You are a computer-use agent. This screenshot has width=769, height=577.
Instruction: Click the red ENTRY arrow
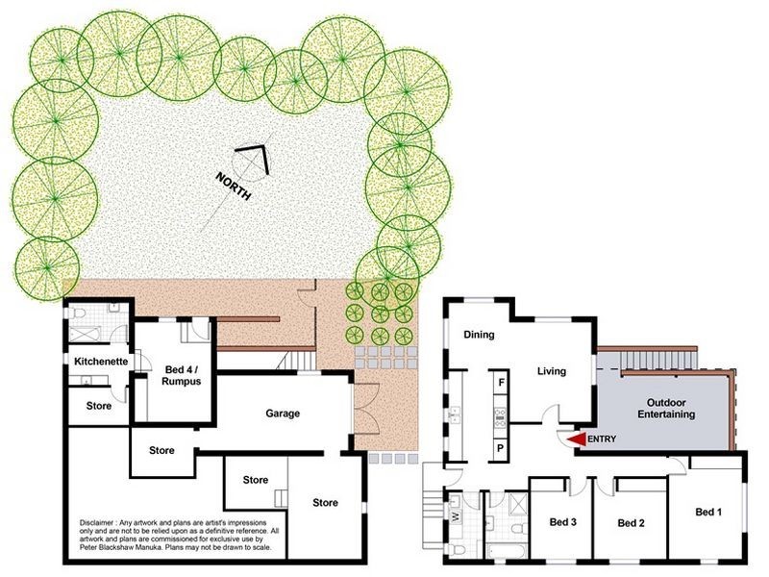576,439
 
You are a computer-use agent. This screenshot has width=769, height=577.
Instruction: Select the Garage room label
284,414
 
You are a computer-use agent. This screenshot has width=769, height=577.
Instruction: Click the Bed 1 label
707,513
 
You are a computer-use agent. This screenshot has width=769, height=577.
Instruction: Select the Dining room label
479,336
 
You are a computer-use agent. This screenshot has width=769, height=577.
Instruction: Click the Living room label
551,371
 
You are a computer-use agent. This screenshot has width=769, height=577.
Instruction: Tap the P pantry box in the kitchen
501,449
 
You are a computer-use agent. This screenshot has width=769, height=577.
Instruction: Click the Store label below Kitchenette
99,406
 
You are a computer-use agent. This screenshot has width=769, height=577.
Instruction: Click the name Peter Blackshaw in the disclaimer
112,547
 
